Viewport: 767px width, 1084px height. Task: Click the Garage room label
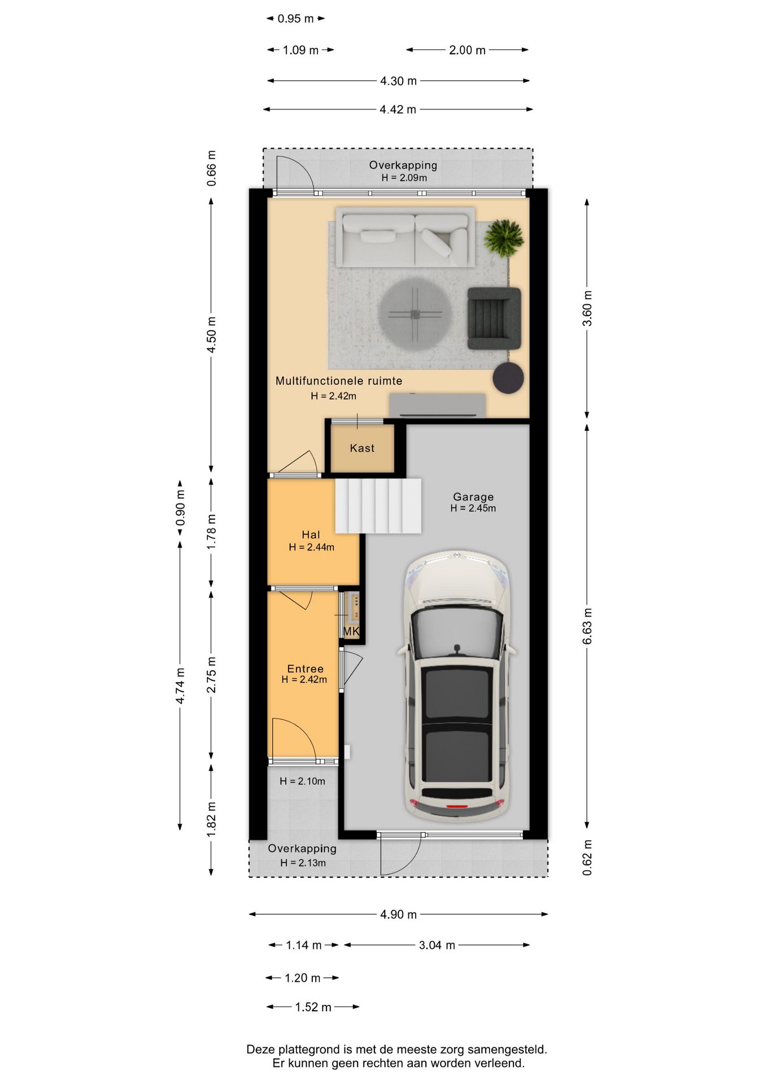coord(473,497)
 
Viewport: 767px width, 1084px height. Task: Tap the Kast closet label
coord(362,448)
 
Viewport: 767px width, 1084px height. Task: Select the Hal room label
coord(311,535)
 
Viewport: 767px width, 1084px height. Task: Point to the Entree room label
coord(305,669)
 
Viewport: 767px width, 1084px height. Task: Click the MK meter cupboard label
coord(351,631)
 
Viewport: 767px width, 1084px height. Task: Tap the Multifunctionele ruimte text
coord(339,381)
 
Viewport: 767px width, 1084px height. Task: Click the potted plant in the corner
coord(504,237)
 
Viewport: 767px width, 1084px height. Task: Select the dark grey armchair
coord(494,319)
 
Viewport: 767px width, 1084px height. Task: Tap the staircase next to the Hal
coord(378,506)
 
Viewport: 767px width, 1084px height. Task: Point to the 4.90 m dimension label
coord(398,915)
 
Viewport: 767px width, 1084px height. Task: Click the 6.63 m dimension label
coord(587,626)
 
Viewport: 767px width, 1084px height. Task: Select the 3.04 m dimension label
coord(437,945)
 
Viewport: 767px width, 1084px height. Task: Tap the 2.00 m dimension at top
coord(467,50)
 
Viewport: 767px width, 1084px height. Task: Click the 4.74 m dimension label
coord(180,686)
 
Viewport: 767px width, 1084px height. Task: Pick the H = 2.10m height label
coord(302,781)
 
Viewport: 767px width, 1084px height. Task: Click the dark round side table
coord(508,377)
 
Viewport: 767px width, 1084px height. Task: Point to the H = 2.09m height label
coord(404,178)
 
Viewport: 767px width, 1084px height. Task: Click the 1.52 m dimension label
coord(313,1007)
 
